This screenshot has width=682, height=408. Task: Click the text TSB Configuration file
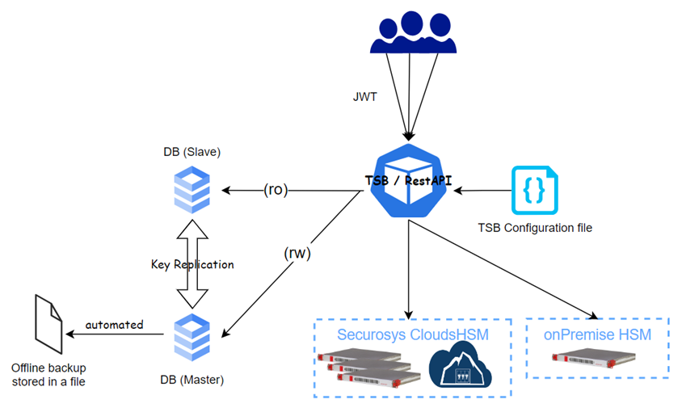point(536,228)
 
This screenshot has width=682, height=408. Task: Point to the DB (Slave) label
point(192,153)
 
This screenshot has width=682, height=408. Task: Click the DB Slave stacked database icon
point(192,191)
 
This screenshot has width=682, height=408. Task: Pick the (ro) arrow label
point(276,191)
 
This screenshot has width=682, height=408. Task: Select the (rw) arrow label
point(298,252)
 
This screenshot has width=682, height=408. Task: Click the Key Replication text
point(192,264)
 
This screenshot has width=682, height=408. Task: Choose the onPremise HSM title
point(596,334)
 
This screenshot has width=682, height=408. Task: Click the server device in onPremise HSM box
point(596,361)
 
